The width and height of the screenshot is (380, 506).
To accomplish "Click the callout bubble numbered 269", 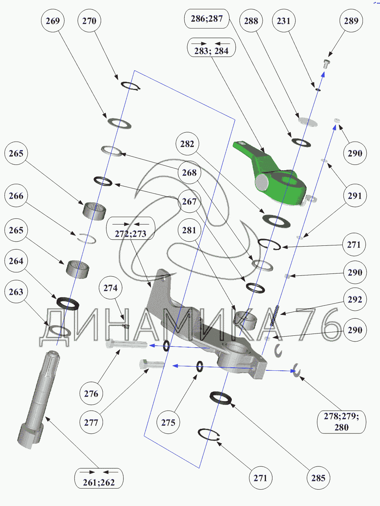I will click(52, 21).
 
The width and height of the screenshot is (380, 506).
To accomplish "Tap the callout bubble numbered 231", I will click(283, 21).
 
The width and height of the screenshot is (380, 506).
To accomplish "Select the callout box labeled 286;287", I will click(207, 19).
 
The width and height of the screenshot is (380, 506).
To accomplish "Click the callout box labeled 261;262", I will click(99, 478).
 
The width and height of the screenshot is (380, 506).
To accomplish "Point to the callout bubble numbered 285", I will click(318, 478).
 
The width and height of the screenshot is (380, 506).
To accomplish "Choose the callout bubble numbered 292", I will click(355, 299).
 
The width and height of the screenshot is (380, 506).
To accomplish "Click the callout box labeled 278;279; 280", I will click(341, 422).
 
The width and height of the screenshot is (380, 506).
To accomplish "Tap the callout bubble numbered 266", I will click(16, 196).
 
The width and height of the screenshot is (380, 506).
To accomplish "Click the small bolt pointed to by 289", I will click(326, 63).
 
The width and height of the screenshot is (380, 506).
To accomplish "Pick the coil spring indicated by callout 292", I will click(274, 316).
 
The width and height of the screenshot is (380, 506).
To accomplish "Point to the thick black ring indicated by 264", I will click(68, 303).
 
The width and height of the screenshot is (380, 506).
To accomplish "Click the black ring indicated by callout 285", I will click(221, 398).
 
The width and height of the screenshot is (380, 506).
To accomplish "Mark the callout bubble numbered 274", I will click(110, 288).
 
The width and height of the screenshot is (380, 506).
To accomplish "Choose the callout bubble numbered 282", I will click(187, 144).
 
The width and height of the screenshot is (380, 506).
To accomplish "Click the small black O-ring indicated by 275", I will click(199, 366).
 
